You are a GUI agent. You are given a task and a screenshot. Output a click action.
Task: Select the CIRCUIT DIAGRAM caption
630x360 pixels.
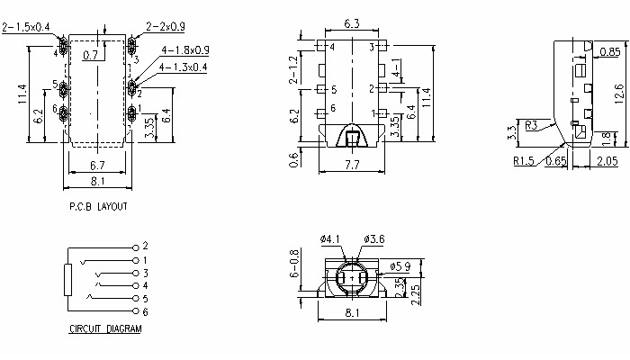point(105,329)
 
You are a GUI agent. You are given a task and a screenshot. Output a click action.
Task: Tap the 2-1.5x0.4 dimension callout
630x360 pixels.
point(26,28)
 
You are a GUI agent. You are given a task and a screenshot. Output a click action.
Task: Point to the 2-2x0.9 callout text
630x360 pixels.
point(164,28)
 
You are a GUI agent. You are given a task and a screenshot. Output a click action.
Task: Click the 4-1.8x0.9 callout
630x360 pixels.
point(185,49)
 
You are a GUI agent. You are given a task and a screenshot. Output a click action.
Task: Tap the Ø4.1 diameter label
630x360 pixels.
point(330,238)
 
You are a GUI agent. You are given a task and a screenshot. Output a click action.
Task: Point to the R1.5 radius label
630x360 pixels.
point(525,163)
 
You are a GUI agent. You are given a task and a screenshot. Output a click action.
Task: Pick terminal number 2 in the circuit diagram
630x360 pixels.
point(144,246)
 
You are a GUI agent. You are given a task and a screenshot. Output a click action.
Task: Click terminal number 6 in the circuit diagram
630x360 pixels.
point(144,310)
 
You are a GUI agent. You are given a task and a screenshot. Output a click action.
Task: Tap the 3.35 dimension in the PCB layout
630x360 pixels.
point(148,127)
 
